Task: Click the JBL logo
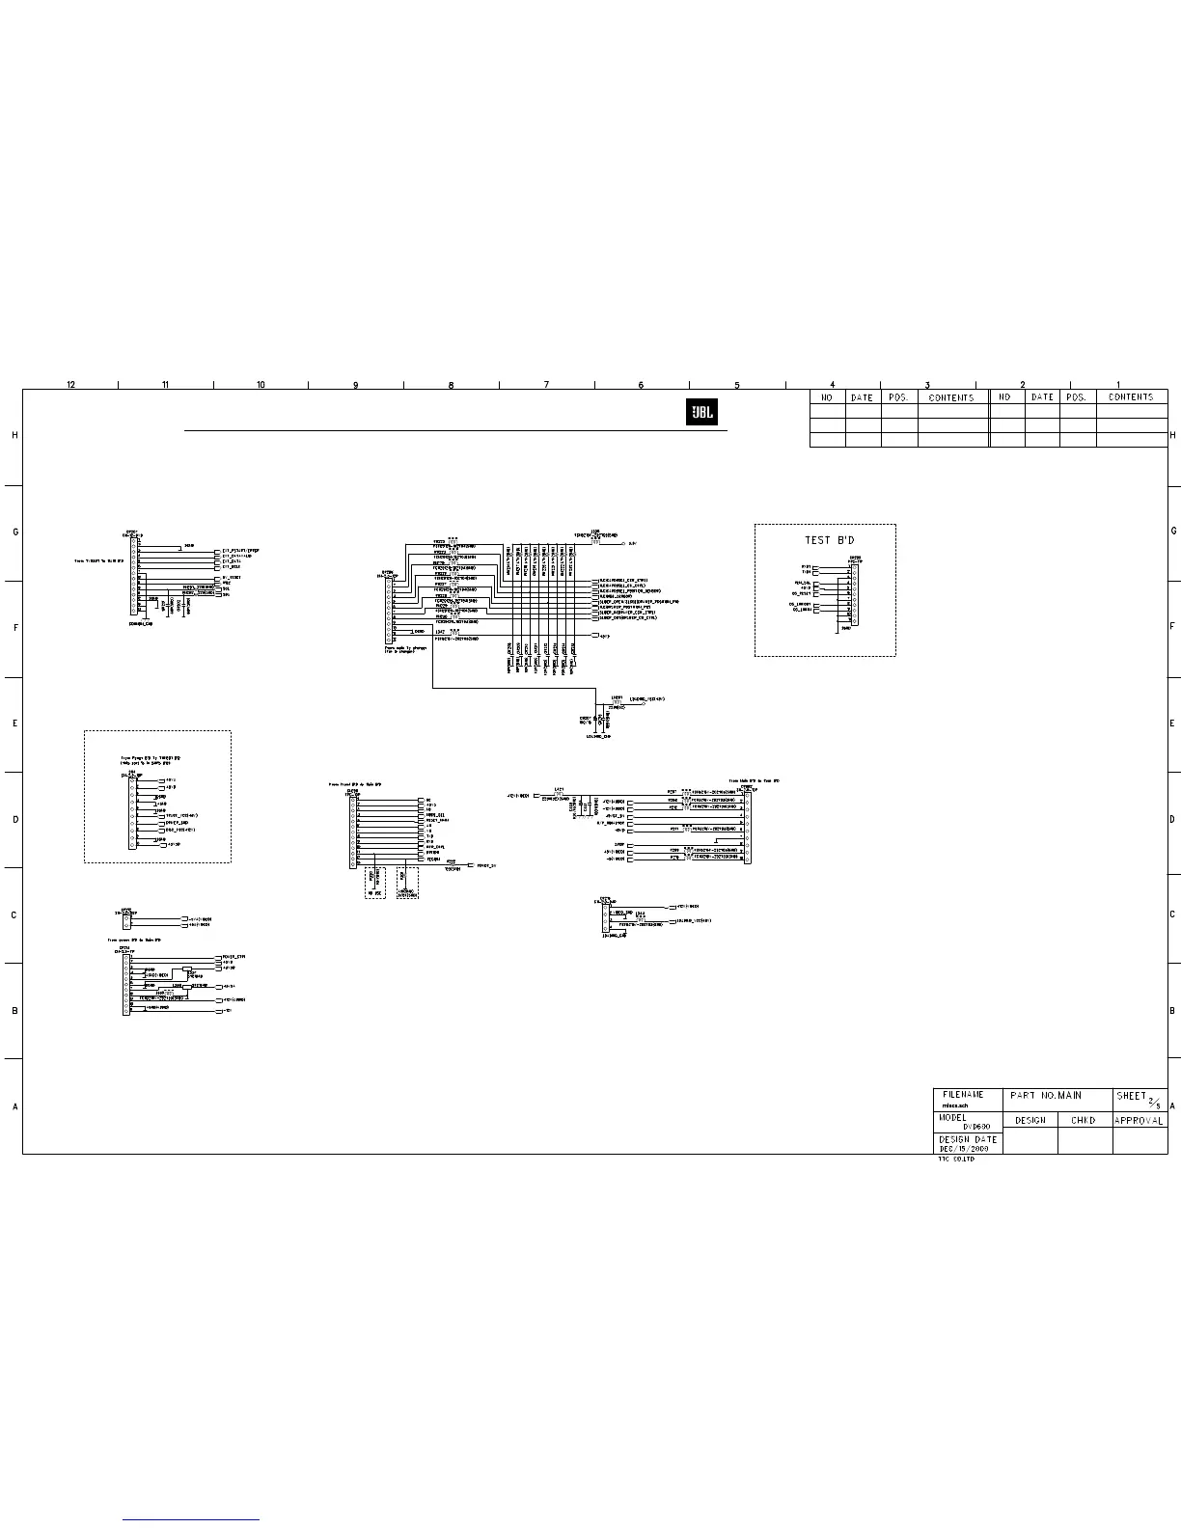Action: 700,412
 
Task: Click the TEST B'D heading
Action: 830,540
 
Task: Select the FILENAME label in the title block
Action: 963,1095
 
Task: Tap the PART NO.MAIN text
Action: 1046,1096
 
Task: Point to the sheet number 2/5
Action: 1153,1101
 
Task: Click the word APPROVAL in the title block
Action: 1140,1121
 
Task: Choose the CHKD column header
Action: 1085,1121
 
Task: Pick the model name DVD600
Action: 977,1126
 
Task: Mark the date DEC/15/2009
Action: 963,1149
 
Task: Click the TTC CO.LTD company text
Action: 956,1159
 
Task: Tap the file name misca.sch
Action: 955,1105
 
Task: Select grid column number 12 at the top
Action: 71,385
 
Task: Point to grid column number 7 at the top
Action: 546,385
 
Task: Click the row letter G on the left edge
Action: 14,532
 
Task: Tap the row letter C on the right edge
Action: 1172,914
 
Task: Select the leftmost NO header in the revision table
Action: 827,397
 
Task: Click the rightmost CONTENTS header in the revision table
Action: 1131,397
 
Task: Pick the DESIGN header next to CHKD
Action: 1030,1121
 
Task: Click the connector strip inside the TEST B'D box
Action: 854,593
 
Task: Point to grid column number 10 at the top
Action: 261,385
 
